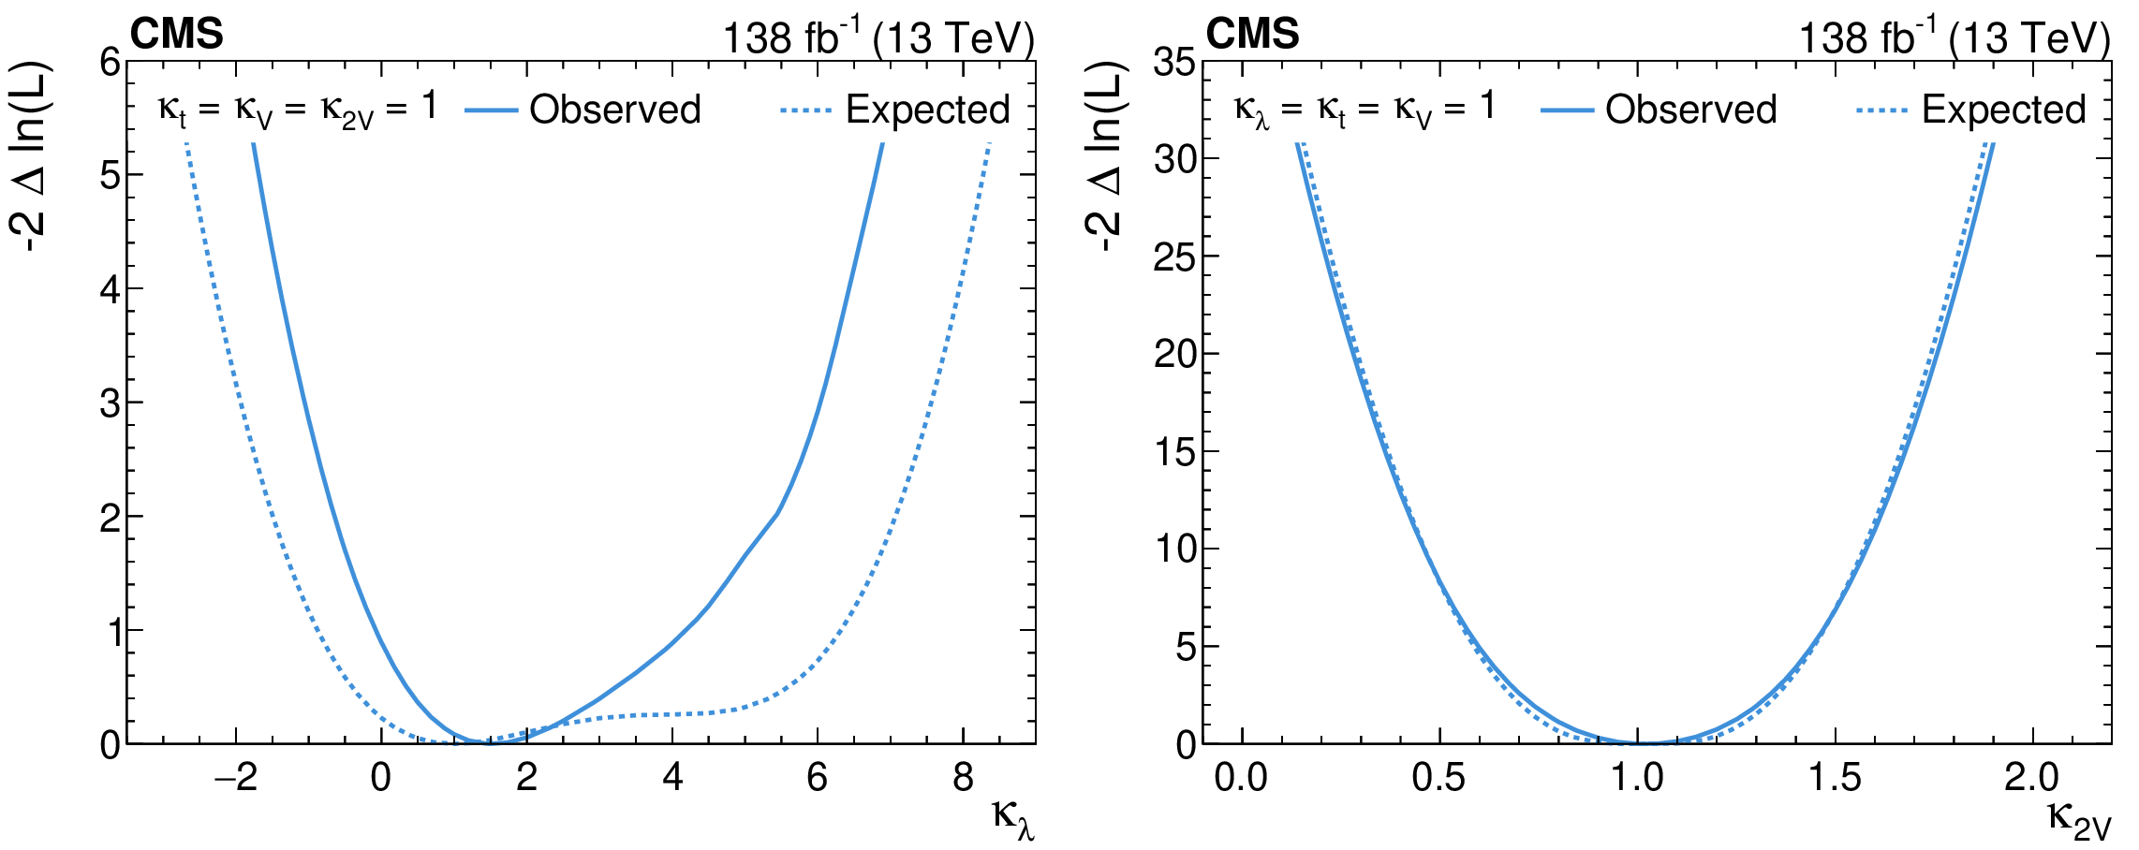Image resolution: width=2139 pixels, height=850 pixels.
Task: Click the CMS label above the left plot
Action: click(176, 35)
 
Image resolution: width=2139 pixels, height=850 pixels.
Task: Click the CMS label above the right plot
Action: click(1252, 35)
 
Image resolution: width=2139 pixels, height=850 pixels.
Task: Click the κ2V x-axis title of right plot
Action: click(2079, 817)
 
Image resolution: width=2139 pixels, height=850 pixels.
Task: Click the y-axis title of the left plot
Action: click(32, 157)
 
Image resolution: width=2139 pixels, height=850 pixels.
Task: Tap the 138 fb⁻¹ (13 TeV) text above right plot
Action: click(1955, 37)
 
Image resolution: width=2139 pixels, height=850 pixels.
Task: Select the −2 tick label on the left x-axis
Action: click(235, 778)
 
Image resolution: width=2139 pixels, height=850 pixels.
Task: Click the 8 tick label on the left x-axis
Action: click(963, 778)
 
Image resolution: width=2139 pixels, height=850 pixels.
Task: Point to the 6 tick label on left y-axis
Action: click(111, 63)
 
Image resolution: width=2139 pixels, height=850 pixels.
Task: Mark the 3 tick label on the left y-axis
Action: click(111, 403)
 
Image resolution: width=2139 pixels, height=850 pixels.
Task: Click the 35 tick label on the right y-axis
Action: click(1175, 63)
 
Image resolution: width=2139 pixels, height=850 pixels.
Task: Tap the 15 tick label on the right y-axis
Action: click(1175, 452)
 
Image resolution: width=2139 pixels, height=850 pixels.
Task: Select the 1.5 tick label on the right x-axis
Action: click(1835, 778)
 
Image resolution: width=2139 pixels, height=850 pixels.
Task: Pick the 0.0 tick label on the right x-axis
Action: click(1241, 778)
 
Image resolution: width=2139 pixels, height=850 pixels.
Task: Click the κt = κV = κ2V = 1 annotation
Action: click(297, 110)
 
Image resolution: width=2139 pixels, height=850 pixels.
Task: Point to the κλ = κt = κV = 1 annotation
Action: click(1365, 110)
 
